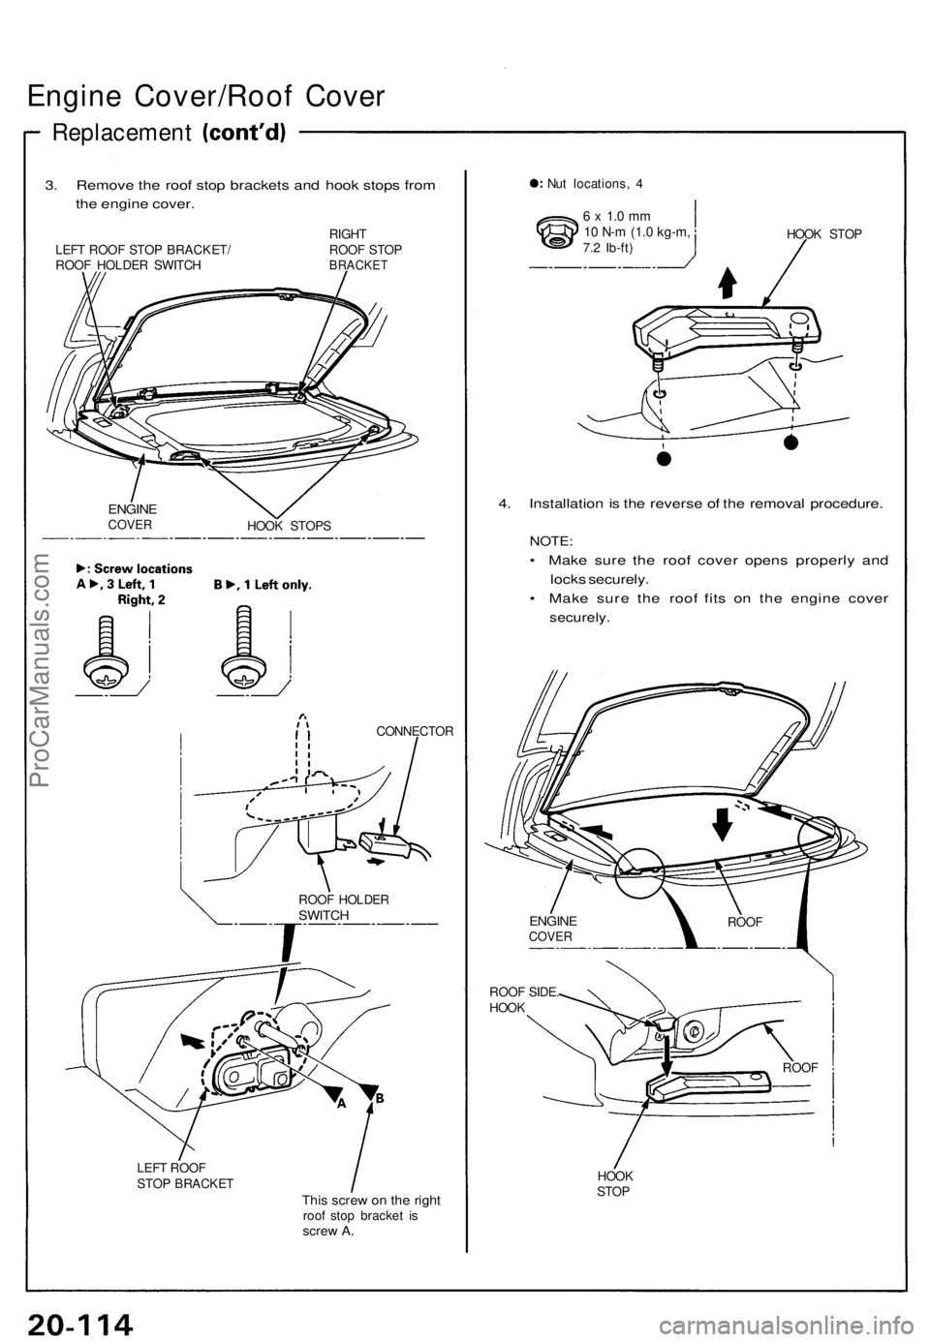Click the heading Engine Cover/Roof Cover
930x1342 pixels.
pos(207,97)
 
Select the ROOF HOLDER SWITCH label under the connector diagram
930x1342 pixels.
pos(344,907)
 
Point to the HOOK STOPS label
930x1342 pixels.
pos(289,525)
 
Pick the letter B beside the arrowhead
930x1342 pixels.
pos(379,1098)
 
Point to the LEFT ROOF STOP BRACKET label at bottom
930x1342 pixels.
pos(185,1174)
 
